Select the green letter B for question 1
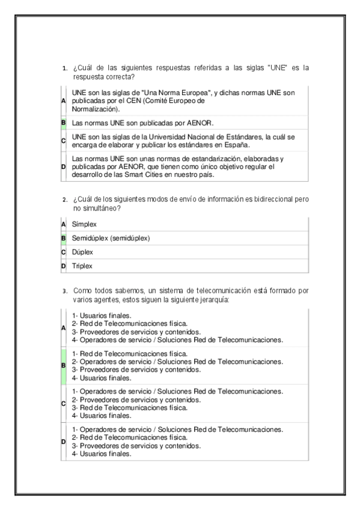click(x=63, y=123)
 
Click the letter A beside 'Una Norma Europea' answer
click(x=63, y=101)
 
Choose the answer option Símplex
click(x=84, y=224)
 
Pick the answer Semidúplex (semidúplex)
click(x=111, y=238)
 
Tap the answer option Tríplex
click(x=82, y=266)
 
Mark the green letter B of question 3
click(x=63, y=365)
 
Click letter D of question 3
click(x=63, y=442)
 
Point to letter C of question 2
click(x=63, y=252)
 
